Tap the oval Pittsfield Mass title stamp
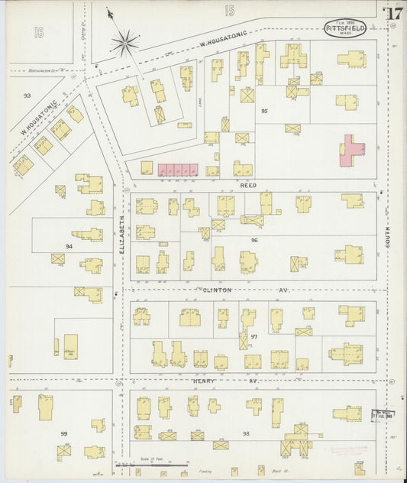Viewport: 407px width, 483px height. (344, 28)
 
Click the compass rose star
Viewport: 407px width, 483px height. (124, 42)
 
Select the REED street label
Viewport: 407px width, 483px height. (248, 186)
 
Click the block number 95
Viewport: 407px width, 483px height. (264, 112)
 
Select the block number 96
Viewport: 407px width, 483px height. (254, 240)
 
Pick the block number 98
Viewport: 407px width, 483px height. (246, 434)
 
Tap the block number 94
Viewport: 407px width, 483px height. (69, 246)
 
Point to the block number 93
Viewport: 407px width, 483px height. (27, 96)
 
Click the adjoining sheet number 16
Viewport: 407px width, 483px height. (39, 31)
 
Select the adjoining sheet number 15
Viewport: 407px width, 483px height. (229, 11)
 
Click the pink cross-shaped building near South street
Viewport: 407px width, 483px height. (351, 150)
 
